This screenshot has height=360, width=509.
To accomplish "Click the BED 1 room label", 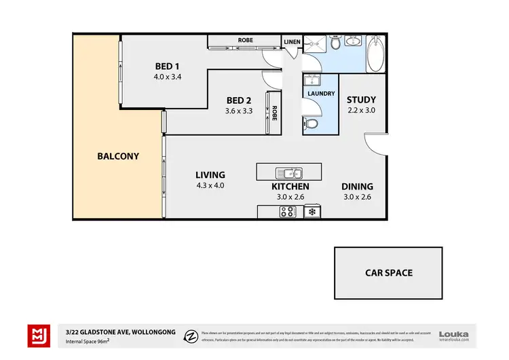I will (168, 66).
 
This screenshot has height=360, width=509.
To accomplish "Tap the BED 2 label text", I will (239, 101).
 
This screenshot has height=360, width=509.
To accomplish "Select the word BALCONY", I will (117, 156).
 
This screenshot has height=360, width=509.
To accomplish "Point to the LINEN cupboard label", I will (293, 41).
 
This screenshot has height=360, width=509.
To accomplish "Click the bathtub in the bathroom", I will (375, 52).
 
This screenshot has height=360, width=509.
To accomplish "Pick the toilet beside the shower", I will (335, 44).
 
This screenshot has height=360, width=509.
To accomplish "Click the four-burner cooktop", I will (286, 212).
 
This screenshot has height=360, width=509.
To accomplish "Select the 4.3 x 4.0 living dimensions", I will (210, 185).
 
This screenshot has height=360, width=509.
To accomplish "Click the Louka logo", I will (454, 334).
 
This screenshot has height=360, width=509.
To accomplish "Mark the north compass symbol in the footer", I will (192, 335).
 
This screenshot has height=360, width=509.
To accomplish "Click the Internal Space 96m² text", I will (87, 341).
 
